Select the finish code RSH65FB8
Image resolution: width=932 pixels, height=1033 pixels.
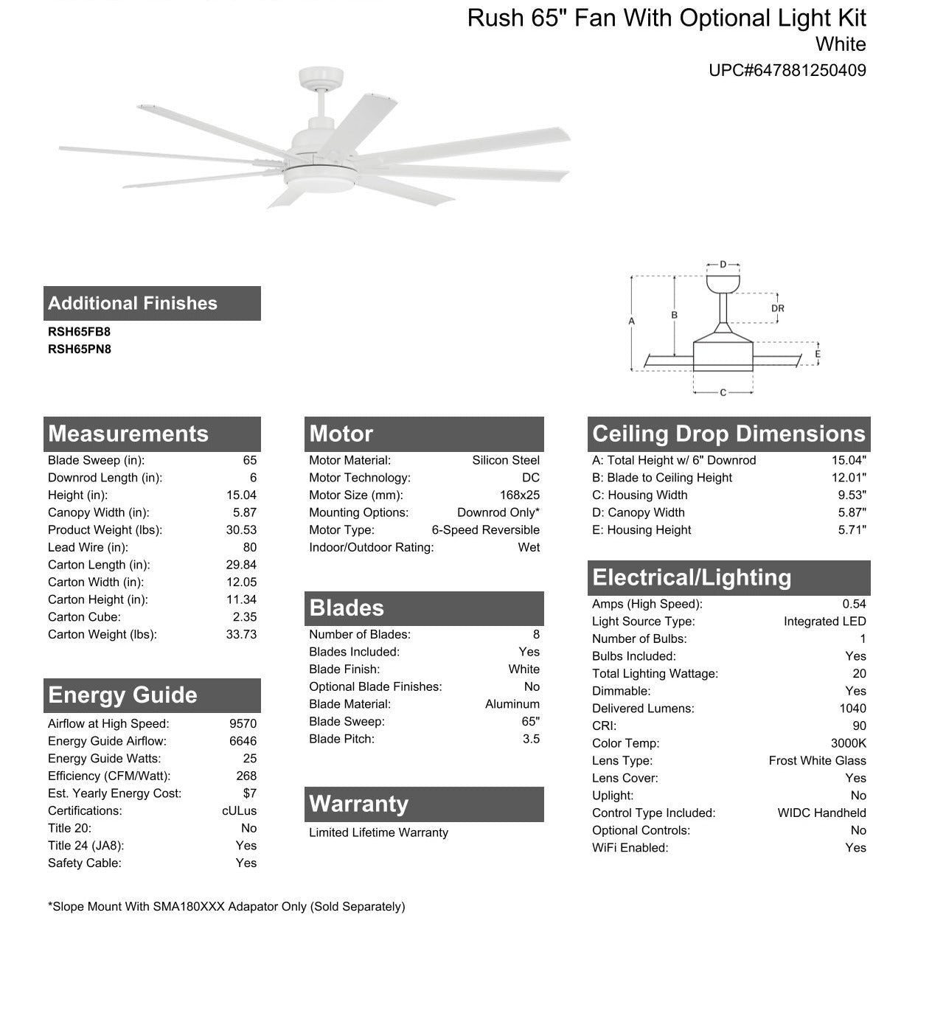(79, 332)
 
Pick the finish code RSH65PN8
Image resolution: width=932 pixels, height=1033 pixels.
(80, 349)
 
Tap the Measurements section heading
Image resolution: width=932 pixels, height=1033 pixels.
(128, 434)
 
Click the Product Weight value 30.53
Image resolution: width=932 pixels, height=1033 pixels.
(241, 530)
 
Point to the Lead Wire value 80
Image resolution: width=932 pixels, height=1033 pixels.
(249, 547)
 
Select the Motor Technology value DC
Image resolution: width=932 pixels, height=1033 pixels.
(530, 478)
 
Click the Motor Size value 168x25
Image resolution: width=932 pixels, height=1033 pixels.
(519, 495)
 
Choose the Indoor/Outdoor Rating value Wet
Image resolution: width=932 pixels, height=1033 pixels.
(529, 547)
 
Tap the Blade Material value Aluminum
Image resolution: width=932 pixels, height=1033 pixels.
(512, 704)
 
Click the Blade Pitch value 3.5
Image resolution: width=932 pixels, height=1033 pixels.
(531, 739)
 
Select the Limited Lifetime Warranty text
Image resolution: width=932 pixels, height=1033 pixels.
(378, 832)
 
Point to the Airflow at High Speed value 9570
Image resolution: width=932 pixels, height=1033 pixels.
(243, 724)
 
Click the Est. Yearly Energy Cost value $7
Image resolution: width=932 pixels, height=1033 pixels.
(249, 793)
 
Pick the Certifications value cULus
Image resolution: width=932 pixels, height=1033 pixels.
(239, 811)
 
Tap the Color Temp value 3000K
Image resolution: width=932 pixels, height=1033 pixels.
(848, 743)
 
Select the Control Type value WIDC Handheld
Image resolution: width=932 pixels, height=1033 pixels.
(821, 813)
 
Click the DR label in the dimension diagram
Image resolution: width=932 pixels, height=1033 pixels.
(777, 308)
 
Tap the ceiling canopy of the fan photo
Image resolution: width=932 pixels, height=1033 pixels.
(321, 77)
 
